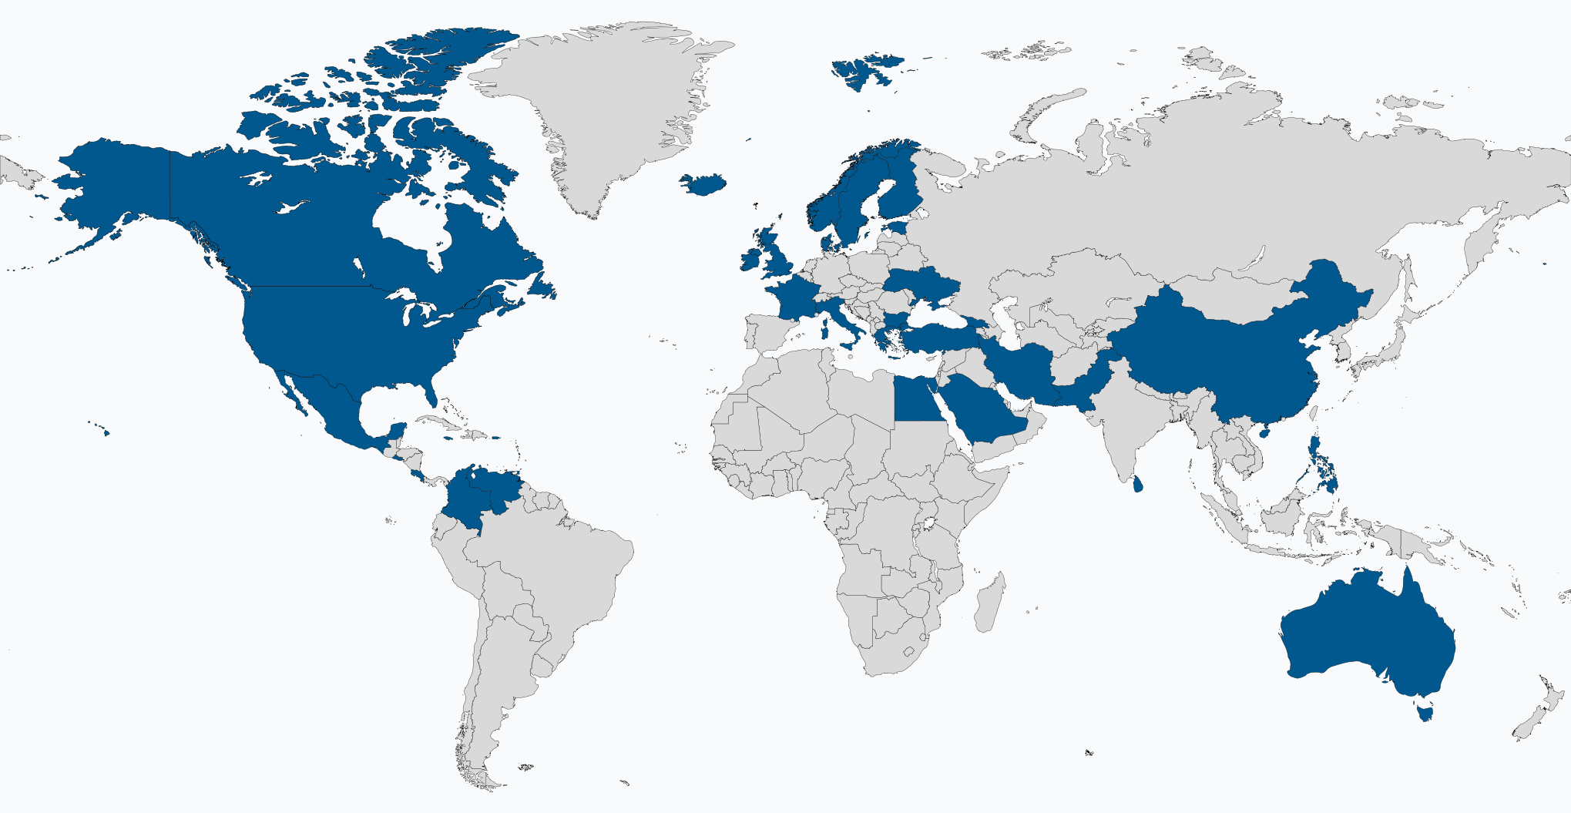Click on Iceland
[x=702, y=184]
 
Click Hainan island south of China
[x=1261, y=432]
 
